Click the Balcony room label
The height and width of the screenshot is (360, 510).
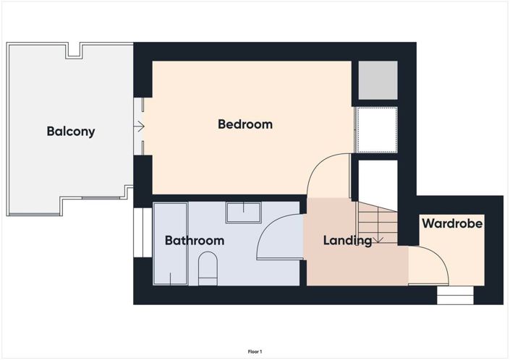click(x=71, y=132)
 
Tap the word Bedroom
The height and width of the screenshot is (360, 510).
click(x=245, y=124)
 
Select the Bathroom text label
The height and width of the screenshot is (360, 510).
click(x=194, y=241)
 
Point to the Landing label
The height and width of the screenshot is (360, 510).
click(x=347, y=241)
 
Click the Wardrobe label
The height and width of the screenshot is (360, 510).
click(x=452, y=224)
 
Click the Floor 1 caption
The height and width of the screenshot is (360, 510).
click(x=255, y=351)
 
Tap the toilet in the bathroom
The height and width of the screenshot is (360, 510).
click(x=207, y=267)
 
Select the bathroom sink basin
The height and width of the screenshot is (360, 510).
click(x=244, y=213)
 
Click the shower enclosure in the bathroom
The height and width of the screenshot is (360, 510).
click(x=171, y=244)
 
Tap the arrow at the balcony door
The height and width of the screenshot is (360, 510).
click(x=139, y=128)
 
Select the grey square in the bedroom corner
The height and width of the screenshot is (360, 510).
click(x=378, y=80)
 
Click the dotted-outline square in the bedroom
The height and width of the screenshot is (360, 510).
click(x=377, y=130)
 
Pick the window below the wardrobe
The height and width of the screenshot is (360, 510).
click(x=455, y=295)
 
